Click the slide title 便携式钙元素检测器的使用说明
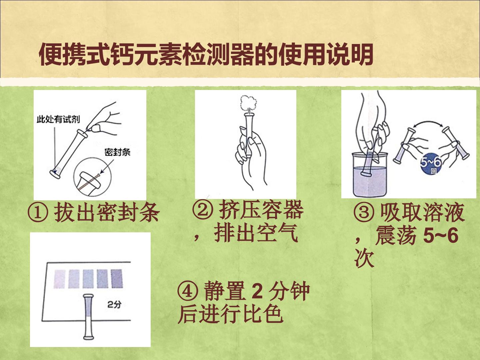pos(206,54)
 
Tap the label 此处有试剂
pos(58,119)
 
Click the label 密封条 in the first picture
pos(117,152)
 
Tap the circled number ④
pos(187,292)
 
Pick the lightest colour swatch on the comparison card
pos(60,279)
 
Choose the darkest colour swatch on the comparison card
pos(117,278)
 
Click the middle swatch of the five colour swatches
pos(88,279)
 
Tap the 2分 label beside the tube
pos(114,304)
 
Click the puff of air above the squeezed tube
pos(248,103)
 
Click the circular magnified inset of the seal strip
pos(93,177)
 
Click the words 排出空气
pos(257,233)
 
